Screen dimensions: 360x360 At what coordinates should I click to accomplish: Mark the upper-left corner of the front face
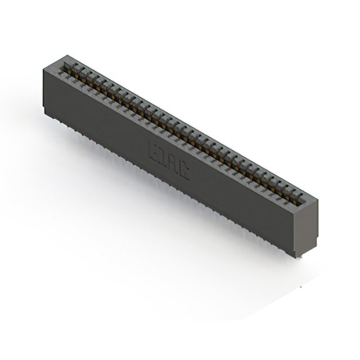(44, 68)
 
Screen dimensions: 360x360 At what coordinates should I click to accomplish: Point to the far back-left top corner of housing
(66, 55)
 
